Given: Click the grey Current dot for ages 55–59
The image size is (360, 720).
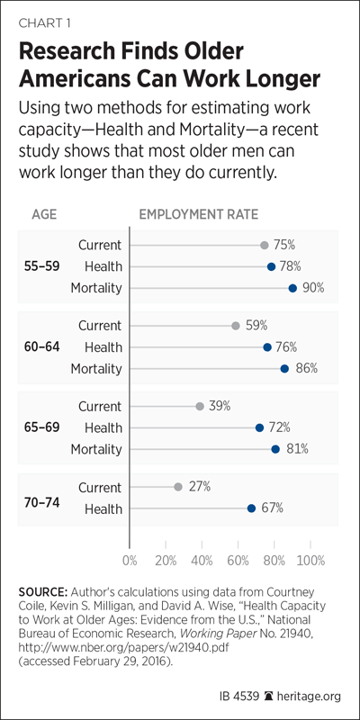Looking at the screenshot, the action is [264, 245].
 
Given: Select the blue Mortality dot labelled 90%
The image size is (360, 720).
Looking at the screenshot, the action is [292, 288].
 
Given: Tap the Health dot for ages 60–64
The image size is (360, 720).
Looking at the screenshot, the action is [267, 347].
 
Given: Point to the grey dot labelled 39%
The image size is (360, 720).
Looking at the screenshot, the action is [200, 407].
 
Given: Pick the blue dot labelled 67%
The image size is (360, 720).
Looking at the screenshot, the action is [251, 508].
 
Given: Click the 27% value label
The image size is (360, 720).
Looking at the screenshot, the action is [200, 487].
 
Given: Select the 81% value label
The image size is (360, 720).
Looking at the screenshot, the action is [297, 449].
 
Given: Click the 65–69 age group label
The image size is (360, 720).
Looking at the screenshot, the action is [41, 427].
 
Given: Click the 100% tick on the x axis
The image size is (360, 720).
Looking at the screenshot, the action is [310, 561].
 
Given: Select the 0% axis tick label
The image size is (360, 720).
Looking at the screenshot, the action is [130, 561].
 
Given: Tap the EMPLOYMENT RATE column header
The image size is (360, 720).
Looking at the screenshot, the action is [199, 215].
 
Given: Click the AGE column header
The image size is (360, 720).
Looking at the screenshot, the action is [44, 215].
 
